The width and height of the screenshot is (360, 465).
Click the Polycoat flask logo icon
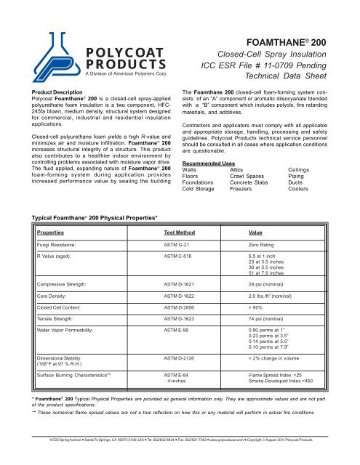pos(59,45)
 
